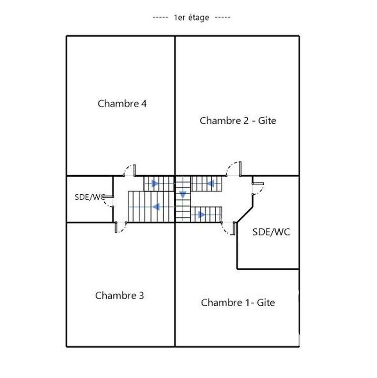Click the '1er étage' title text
tap(192, 17)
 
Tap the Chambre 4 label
tap(122, 103)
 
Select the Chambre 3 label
tap(119, 296)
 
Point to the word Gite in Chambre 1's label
tap(266, 302)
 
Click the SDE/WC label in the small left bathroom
tap(89, 197)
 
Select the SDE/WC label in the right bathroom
tap(271, 232)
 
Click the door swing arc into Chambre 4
tap(128, 169)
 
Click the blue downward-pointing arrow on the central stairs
tap(183, 195)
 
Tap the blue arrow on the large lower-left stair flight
tap(155, 206)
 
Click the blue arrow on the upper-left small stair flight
tap(154, 183)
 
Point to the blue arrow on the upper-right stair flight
tap(211, 183)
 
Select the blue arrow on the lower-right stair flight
tap(201, 215)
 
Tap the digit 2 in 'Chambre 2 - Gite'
tap(245, 120)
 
